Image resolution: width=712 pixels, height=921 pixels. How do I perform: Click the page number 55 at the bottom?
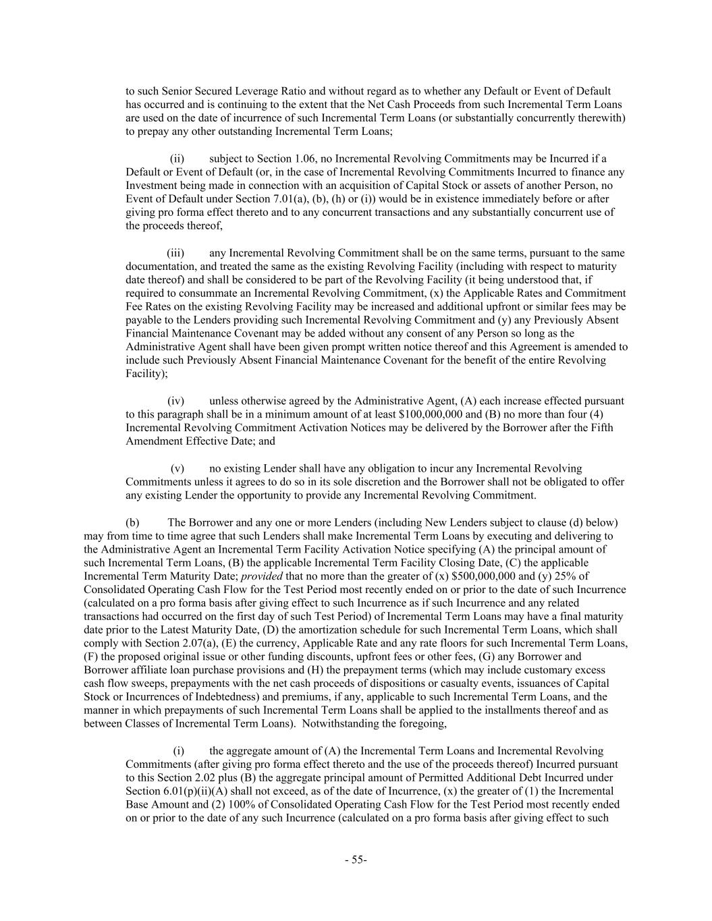(x=355, y=860)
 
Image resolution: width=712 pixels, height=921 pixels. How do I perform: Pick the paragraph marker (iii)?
(x=175, y=253)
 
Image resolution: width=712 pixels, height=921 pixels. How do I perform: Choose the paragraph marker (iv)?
(x=175, y=401)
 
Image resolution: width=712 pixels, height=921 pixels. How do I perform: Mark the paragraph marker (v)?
(x=177, y=468)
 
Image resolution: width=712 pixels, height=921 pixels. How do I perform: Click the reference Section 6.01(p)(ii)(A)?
(x=171, y=791)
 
